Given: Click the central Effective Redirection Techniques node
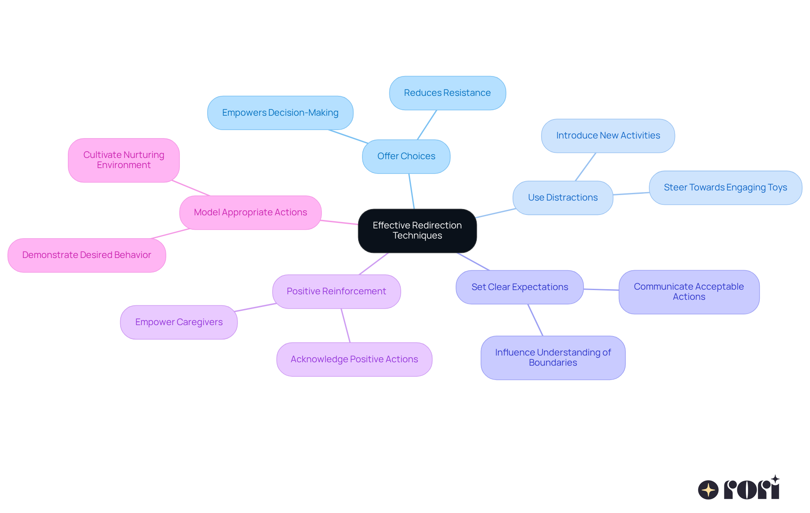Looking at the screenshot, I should tap(417, 231).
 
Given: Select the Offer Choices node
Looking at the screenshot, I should tap(406, 156).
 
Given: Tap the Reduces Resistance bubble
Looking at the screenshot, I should tap(447, 93).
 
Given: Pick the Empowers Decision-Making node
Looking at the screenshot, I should tap(280, 113).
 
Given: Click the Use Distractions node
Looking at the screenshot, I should tap(563, 198).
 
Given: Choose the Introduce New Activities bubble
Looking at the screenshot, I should tap(608, 136).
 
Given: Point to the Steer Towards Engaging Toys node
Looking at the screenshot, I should tap(725, 187).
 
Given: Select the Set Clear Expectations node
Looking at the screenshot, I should tap(520, 287).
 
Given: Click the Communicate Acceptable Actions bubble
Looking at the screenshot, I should tap(689, 292).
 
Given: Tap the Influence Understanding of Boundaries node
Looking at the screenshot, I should tap(553, 358).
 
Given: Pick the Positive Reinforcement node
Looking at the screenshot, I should tap(336, 291).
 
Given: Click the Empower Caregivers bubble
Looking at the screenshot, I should tap(179, 322).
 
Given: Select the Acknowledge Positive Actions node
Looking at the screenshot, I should tap(354, 359).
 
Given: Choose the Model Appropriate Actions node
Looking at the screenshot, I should tap(250, 212).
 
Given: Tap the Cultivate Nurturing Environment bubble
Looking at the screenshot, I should tap(124, 160).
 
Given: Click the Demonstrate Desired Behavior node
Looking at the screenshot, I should tap(86, 255).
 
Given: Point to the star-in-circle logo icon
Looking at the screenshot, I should tap(708, 490).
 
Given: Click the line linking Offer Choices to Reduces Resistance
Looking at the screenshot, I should tap(427, 125).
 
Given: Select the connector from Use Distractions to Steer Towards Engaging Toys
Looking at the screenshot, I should tap(631, 193).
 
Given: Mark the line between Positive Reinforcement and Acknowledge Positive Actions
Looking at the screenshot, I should tap(346, 325).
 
